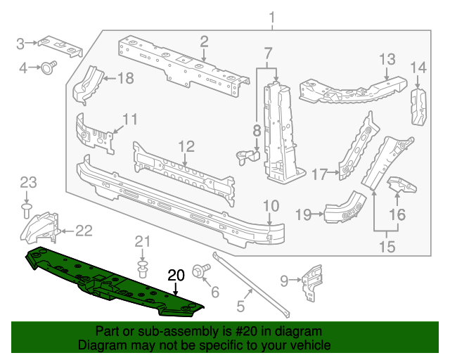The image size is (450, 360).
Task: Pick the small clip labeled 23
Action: point(26,209)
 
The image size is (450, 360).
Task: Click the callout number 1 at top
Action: point(273,17)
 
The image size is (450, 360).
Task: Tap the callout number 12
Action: point(185,146)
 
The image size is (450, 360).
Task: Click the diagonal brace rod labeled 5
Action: point(250,281)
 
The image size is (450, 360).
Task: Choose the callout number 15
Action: point(387,246)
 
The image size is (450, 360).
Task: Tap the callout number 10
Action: point(271,205)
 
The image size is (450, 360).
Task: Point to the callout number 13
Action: point(388,58)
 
